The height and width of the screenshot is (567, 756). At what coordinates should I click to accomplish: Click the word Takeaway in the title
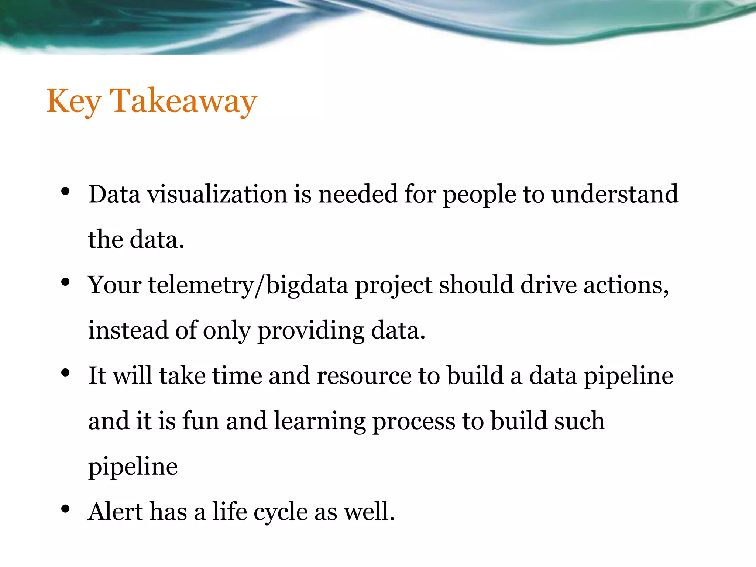point(183,101)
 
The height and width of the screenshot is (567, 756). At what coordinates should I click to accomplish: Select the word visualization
point(217,194)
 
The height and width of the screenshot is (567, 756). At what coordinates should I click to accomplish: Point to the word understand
point(615,194)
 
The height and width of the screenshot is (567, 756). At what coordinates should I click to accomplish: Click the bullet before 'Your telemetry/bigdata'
point(65,282)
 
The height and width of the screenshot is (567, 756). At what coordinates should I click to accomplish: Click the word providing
point(310,331)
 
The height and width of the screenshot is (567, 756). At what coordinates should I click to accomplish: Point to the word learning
point(320,421)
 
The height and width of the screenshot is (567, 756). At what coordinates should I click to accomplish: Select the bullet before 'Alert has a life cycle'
point(65,509)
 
